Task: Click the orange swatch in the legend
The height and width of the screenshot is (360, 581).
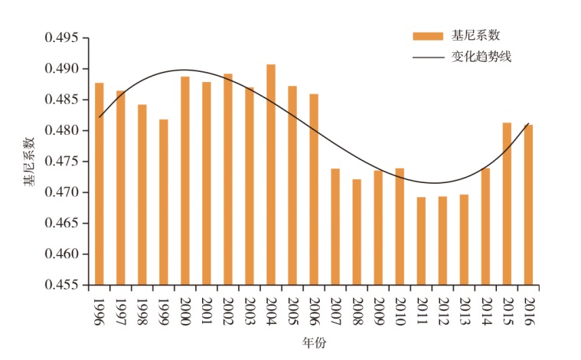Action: click(x=427, y=36)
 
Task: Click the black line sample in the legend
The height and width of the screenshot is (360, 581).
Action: click(x=427, y=57)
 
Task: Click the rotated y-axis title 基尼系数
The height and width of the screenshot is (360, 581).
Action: click(x=28, y=162)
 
